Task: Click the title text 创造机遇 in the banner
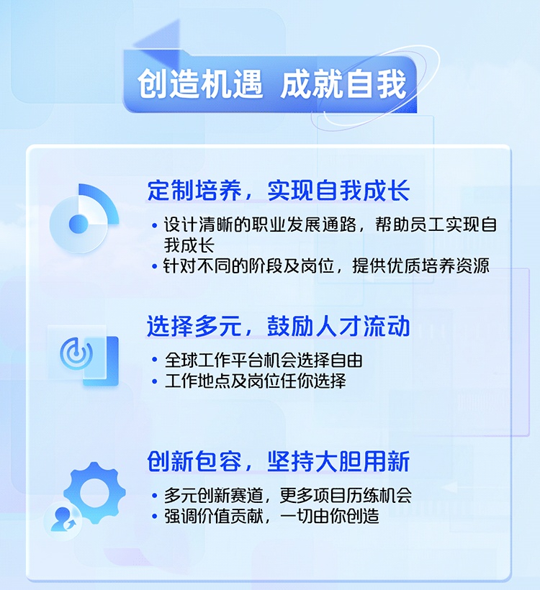tap(200, 83)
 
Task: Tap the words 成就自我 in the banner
tap(343, 83)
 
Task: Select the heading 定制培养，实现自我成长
tap(279, 191)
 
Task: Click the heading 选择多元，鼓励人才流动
tap(279, 326)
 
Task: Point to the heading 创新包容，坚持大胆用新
tap(279, 461)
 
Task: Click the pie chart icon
tap(84, 218)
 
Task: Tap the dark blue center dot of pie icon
tap(78, 224)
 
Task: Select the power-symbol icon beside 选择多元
tap(76, 354)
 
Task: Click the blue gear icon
tap(94, 493)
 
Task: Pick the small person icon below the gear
tap(63, 519)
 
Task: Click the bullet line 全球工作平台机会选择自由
tap(264, 360)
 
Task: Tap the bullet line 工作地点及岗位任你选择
tap(256, 381)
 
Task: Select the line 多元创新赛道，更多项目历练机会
tap(288, 495)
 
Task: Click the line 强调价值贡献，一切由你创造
tap(271, 516)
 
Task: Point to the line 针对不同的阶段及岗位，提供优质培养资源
tap(326, 266)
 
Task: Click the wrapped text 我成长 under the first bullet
tap(189, 245)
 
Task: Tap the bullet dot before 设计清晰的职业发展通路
tap(154, 226)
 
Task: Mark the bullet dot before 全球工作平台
tap(154, 360)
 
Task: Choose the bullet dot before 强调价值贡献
tap(154, 516)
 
